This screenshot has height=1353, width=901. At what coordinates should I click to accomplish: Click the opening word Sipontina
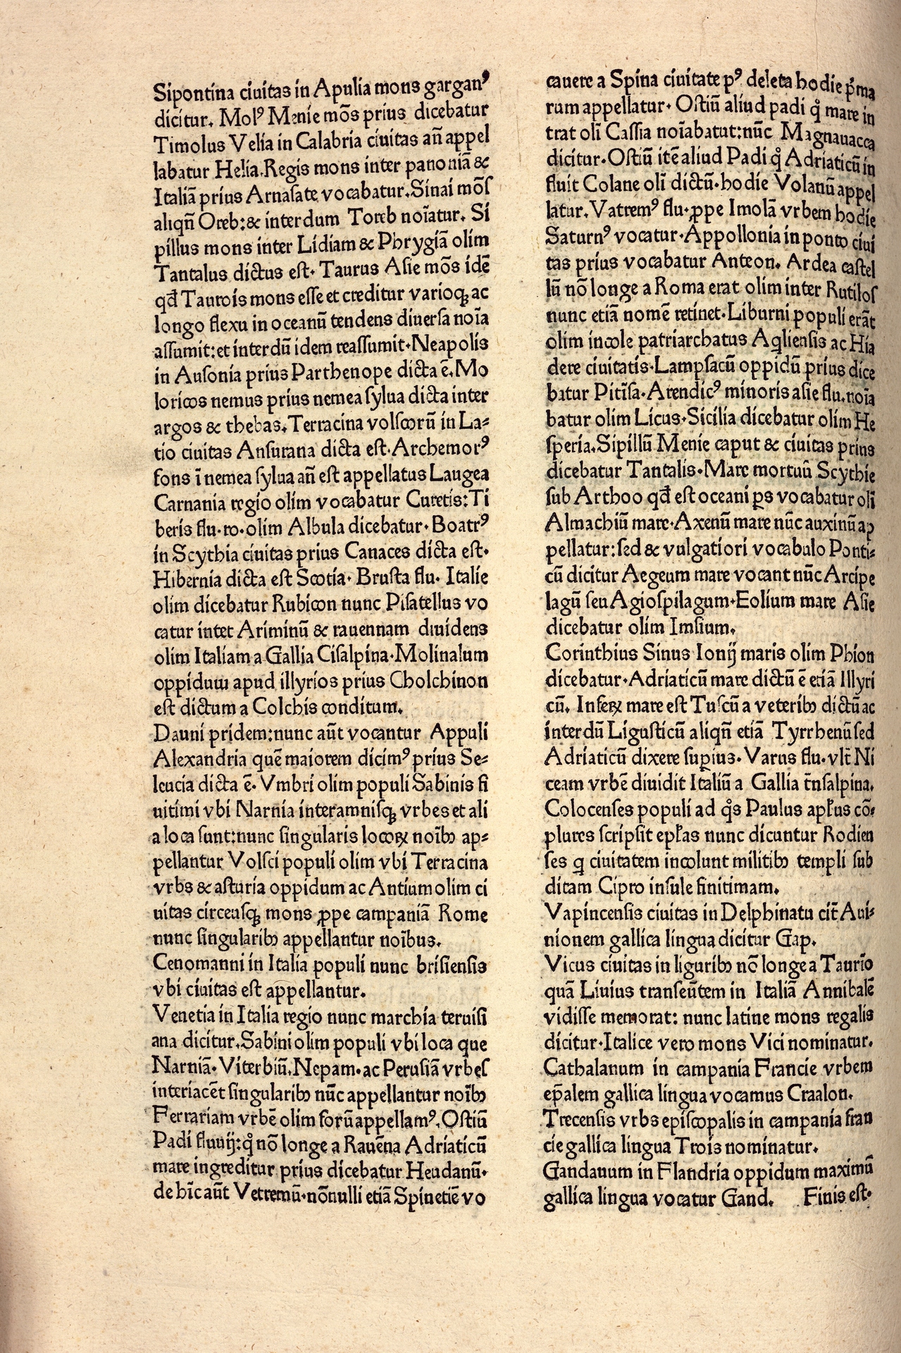(x=185, y=91)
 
